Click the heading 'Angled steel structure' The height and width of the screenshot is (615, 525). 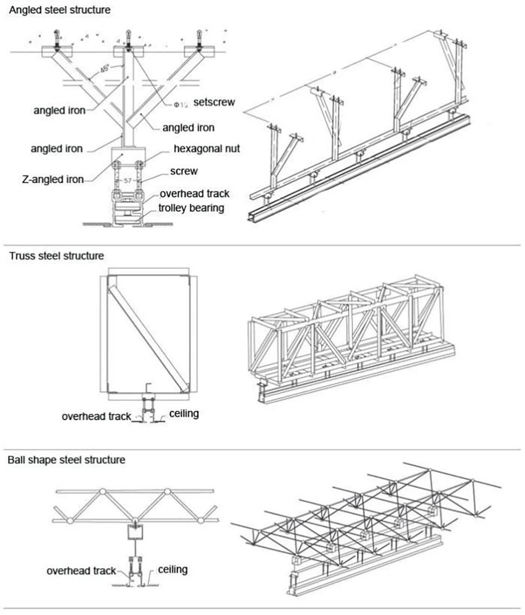click(60, 9)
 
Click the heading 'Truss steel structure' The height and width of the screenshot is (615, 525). click(56, 255)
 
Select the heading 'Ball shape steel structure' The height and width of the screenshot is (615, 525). click(66, 460)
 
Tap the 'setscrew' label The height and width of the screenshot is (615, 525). click(214, 102)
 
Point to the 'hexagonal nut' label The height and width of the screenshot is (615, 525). click(206, 148)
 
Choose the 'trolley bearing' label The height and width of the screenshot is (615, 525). click(191, 208)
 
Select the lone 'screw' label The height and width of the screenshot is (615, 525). click(184, 171)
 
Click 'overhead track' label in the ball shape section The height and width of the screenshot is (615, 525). click(81, 571)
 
